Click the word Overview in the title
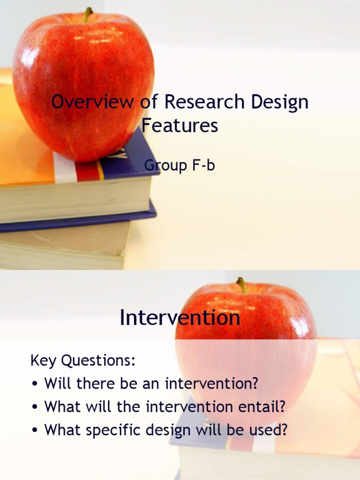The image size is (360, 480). (92, 102)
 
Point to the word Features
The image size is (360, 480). (180, 126)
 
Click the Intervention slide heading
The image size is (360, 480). (180, 318)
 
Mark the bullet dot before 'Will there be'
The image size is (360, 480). (35, 384)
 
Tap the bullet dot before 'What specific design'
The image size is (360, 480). (35, 431)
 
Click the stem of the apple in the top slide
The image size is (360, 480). (87, 15)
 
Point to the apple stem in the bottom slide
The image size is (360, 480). (242, 285)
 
